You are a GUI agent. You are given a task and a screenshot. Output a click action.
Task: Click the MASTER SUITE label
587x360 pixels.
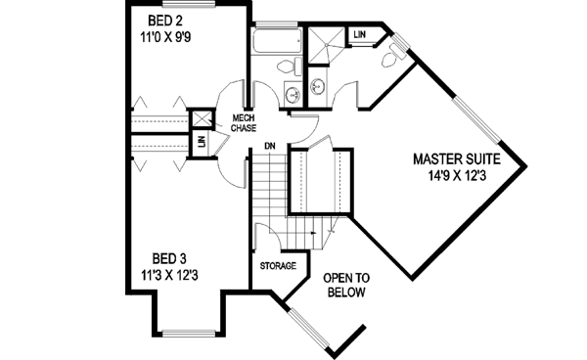457,157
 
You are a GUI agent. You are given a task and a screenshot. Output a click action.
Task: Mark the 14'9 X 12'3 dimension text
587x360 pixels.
457,176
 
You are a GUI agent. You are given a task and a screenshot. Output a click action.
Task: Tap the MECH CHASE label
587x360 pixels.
243,124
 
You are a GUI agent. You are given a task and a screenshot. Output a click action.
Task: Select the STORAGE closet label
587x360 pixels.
277,265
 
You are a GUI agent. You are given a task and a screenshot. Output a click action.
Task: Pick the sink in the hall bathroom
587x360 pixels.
291,94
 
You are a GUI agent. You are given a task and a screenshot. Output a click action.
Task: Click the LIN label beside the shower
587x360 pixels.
361,35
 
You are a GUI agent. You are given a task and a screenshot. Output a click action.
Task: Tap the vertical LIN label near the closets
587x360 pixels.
202,143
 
